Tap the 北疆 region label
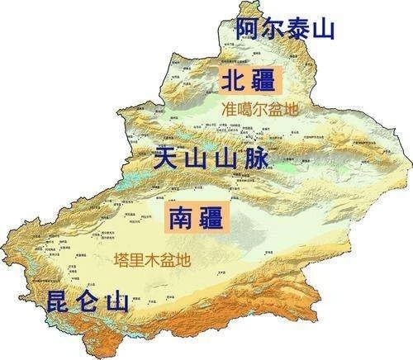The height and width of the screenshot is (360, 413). click(251, 80)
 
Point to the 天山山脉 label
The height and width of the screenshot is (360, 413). click(211, 156)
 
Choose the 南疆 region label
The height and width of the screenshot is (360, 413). click(198, 217)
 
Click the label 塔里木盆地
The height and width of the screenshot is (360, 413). click(151, 259)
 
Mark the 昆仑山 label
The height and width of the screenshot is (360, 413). click(89, 301)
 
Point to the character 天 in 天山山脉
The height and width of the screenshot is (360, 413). click(168, 156)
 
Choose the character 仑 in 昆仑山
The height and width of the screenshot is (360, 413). click(89, 301)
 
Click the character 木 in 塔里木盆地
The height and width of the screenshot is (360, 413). click(151, 259)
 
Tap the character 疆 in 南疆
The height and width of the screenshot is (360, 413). click(214, 217)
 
